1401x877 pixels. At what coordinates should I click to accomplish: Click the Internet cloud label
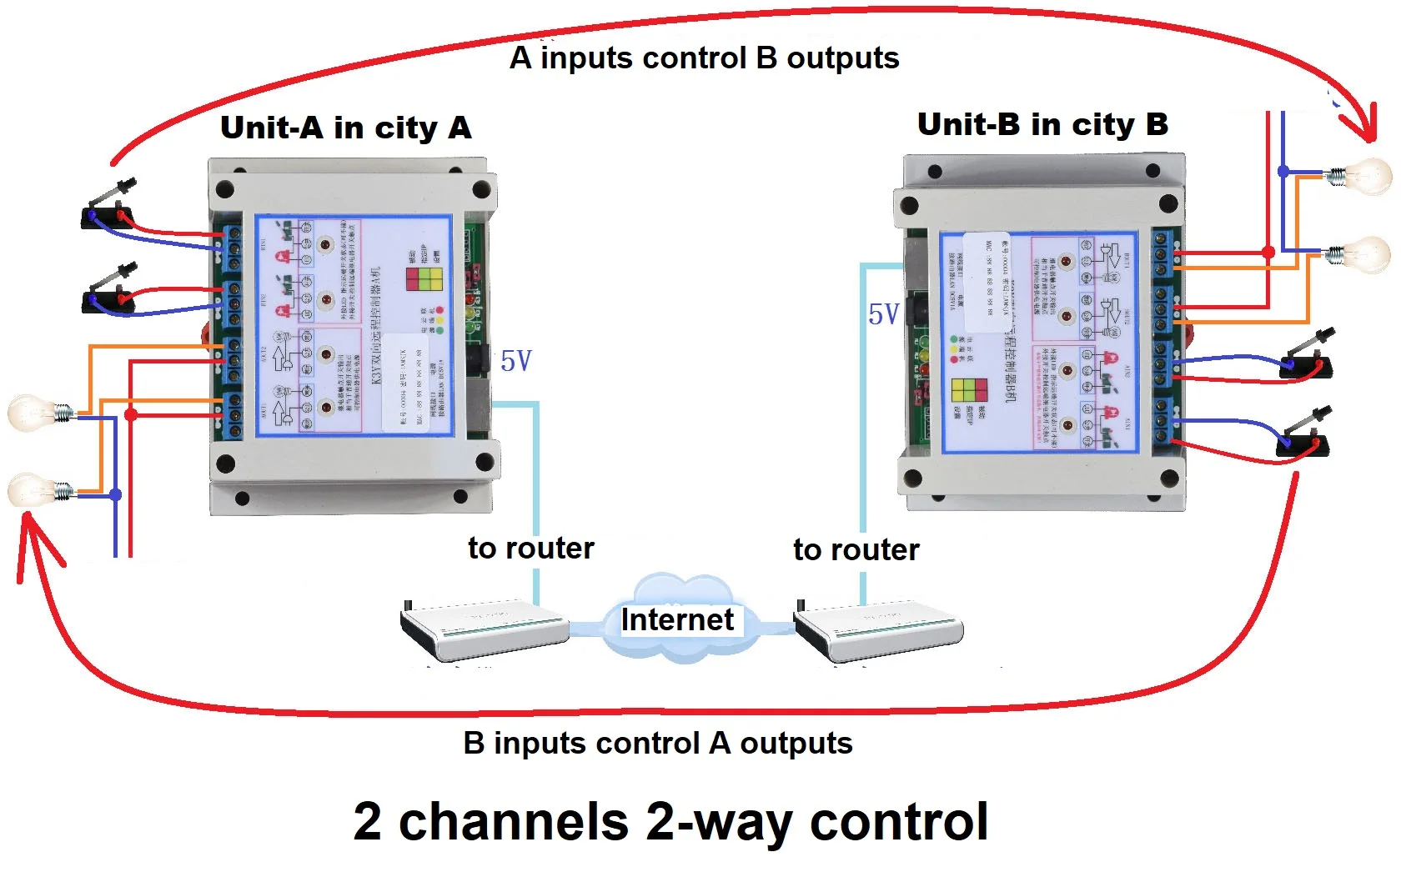(x=677, y=619)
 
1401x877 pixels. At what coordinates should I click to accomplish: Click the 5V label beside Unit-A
(x=516, y=361)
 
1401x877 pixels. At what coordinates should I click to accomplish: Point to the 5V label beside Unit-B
(x=883, y=314)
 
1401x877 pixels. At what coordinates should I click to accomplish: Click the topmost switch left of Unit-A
(x=108, y=208)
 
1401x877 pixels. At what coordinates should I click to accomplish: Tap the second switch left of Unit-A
(x=109, y=291)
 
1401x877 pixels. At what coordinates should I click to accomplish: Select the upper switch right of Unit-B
(x=1306, y=358)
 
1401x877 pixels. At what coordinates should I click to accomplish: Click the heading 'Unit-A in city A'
(x=345, y=128)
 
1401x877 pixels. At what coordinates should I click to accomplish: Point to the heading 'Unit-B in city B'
(x=1042, y=124)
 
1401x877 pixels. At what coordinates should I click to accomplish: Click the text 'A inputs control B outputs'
(x=704, y=58)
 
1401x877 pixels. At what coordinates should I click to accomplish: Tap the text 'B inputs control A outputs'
(x=657, y=742)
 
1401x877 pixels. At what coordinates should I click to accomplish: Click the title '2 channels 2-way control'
(x=670, y=821)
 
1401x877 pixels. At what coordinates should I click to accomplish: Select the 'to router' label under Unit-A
(x=530, y=548)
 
